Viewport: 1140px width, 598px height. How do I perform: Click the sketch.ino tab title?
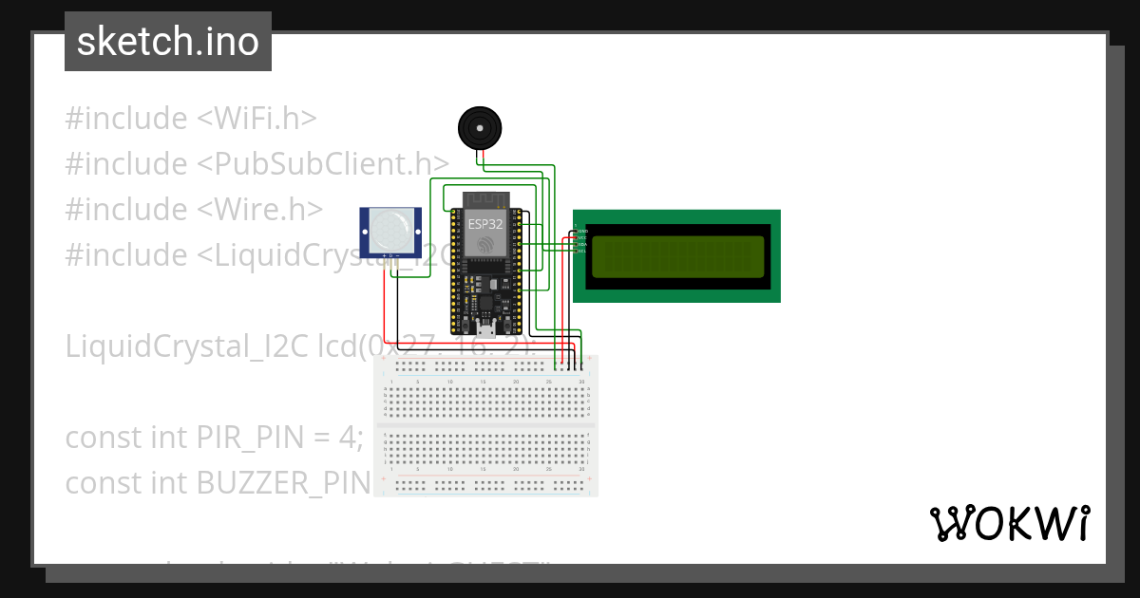pos(167,42)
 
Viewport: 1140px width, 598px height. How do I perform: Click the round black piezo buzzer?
pos(480,127)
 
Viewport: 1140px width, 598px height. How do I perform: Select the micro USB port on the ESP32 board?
pos(486,328)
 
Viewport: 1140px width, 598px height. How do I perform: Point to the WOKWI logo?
pos(1009,523)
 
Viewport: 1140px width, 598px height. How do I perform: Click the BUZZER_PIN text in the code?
pos(282,483)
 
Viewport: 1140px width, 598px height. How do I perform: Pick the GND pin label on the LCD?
pos(581,231)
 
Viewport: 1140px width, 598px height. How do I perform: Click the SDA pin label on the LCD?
pos(581,244)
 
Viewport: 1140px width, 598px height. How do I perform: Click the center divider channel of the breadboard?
pos(486,423)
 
